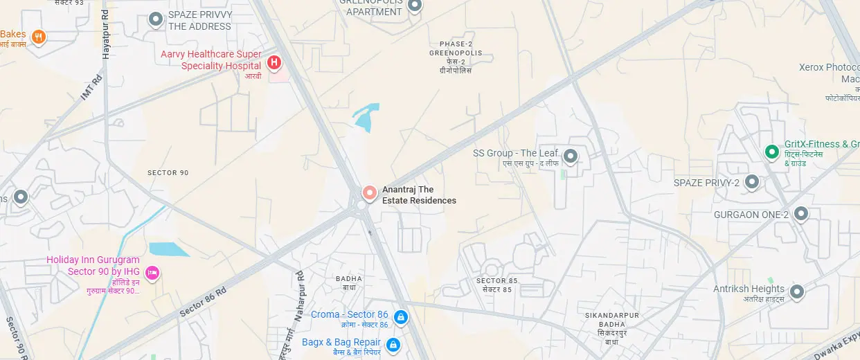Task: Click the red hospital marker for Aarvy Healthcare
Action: click(274, 63)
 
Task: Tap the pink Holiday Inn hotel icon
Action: click(153, 273)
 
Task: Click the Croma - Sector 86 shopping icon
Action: click(400, 317)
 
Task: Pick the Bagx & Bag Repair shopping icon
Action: click(393, 344)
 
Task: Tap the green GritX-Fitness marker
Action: click(771, 152)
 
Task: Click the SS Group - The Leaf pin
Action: click(571, 156)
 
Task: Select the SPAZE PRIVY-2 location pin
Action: click(751, 183)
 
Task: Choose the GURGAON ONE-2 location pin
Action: click(801, 214)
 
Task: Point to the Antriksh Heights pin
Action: click(797, 292)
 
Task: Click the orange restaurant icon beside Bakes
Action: click(39, 36)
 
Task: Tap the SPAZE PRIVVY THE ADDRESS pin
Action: click(156, 19)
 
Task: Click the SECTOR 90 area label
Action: click(168, 172)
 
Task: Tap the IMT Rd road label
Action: click(91, 87)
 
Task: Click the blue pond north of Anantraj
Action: click(366, 116)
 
